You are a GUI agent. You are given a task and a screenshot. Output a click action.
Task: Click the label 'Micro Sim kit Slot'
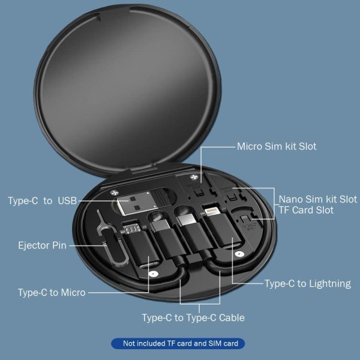276,146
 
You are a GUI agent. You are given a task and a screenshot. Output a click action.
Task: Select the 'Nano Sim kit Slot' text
317,199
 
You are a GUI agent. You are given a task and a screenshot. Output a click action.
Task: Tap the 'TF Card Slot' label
306,211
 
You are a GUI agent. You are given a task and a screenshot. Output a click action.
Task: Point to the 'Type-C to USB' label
43,200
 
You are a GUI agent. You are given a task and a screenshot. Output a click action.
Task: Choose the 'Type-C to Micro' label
52,293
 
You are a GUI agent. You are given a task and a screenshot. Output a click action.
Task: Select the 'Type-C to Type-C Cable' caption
193,318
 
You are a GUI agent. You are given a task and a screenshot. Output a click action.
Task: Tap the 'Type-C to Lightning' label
307,283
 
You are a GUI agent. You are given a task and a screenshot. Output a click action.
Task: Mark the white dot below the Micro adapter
154,274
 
